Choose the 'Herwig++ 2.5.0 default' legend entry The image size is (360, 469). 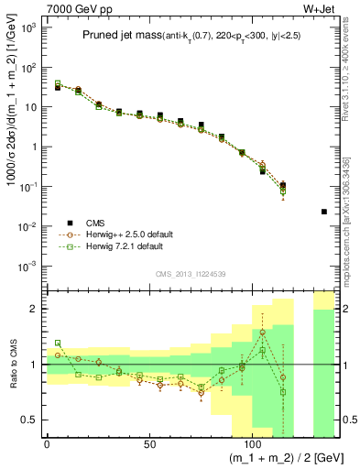[130, 234]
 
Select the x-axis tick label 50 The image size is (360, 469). [149, 445]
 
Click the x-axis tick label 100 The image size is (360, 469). [252, 445]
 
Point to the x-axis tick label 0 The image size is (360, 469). [47, 445]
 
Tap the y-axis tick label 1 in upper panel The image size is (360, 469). [33, 147]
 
